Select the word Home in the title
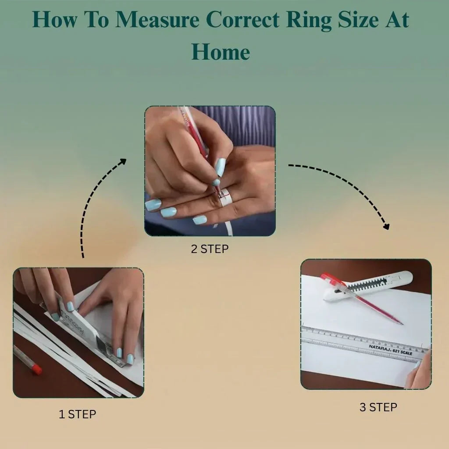pyautogui.click(x=221, y=52)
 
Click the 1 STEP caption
pyautogui.click(x=77, y=414)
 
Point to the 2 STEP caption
pyautogui.click(x=210, y=249)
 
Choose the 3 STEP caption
pyautogui.click(x=378, y=407)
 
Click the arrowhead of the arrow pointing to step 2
pyautogui.click(x=122, y=162)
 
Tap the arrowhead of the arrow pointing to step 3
pyautogui.click(x=386, y=226)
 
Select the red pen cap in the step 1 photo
pyautogui.click(x=37, y=369)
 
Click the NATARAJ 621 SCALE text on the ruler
pyautogui.click(x=390, y=349)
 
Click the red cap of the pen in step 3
pyautogui.click(x=329, y=279)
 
